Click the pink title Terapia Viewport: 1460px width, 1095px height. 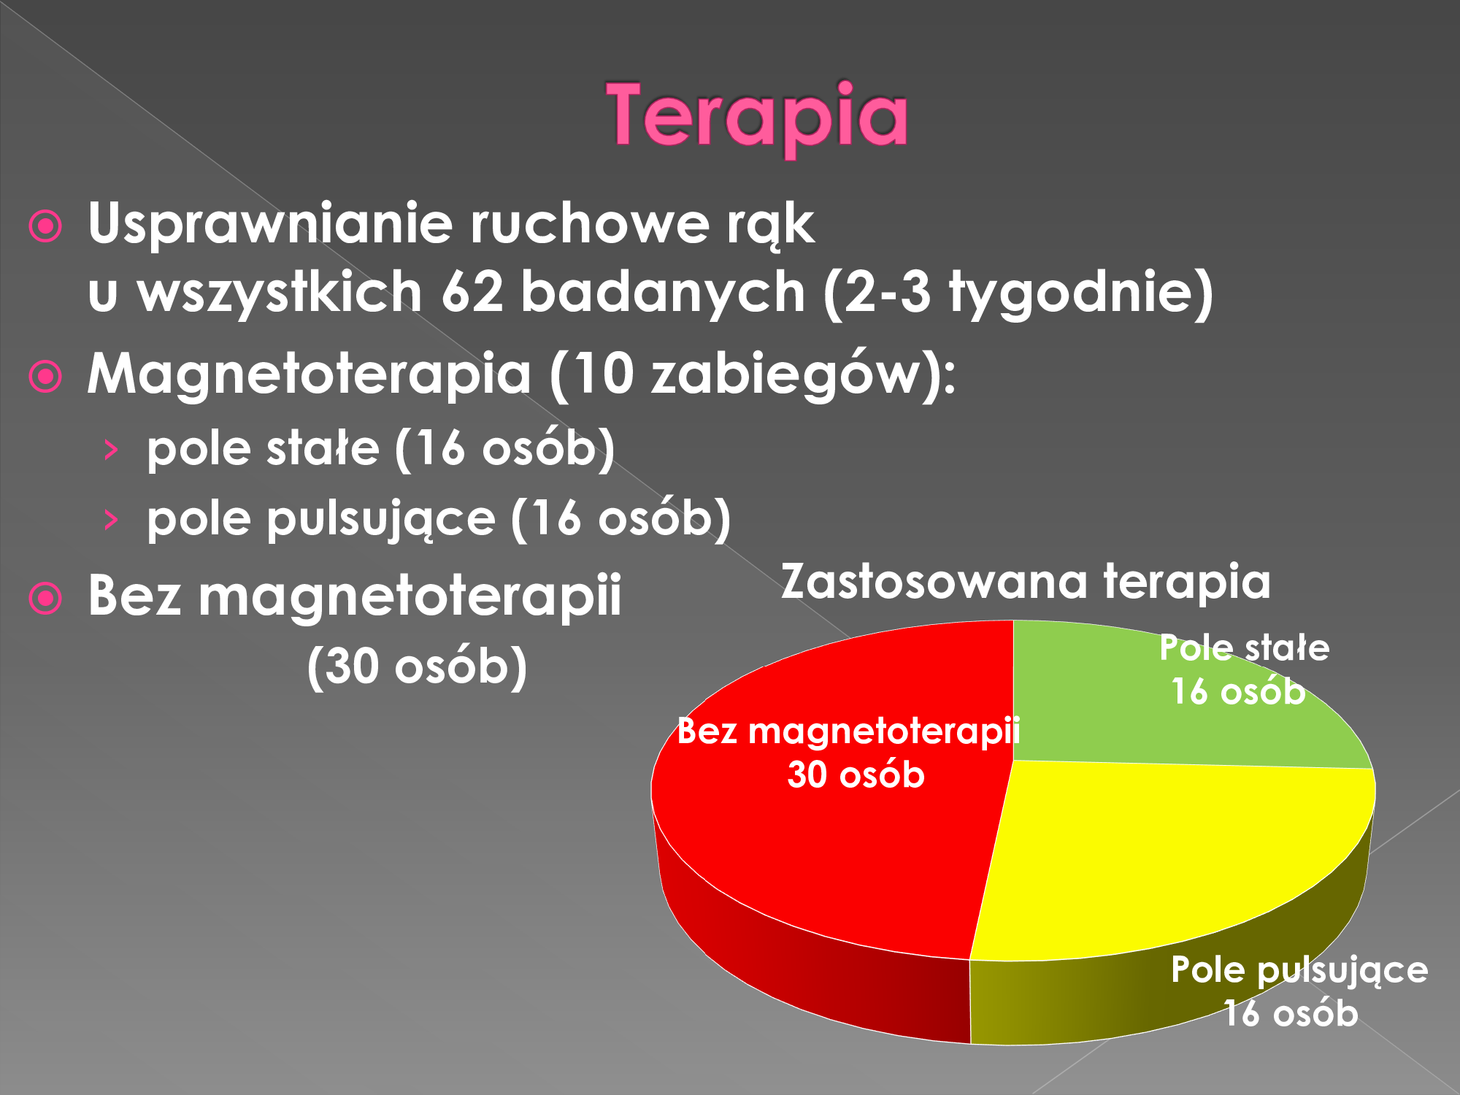[758, 117]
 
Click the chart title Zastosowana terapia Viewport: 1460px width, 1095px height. [1026, 582]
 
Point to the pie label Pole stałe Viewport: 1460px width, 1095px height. [1245, 648]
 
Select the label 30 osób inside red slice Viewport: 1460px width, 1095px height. [856, 775]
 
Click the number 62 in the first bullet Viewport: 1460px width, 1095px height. [472, 292]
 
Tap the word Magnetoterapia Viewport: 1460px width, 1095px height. [309, 374]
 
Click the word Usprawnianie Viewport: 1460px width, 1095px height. [270, 225]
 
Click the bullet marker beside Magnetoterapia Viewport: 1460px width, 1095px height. [45, 377]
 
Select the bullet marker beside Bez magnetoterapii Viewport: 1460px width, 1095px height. [45, 599]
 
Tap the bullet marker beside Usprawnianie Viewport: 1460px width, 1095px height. [45, 227]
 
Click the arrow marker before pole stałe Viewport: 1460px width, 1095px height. [111, 450]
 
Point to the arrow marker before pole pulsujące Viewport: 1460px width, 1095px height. [111, 520]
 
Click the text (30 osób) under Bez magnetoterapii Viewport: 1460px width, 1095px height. [417, 667]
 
